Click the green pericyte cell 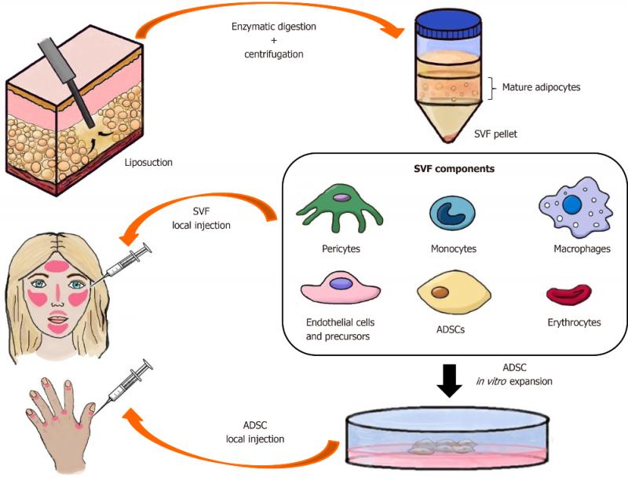pyautogui.click(x=338, y=208)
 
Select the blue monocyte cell pyautogui.click(x=453, y=214)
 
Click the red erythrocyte pyautogui.click(x=569, y=294)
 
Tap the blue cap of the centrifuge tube pyautogui.click(x=448, y=24)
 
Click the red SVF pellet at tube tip pyautogui.click(x=449, y=138)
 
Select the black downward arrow pyautogui.click(x=449, y=380)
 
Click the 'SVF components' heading pyautogui.click(x=454, y=169)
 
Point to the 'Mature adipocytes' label pyautogui.click(x=541, y=87)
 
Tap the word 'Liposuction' pyautogui.click(x=148, y=163)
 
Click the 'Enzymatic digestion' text pyautogui.click(x=273, y=27)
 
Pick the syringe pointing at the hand pyautogui.click(x=123, y=385)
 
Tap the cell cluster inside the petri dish pyautogui.click(x=441, y=446)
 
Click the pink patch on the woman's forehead pyautogui.click(x=57, y=266)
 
